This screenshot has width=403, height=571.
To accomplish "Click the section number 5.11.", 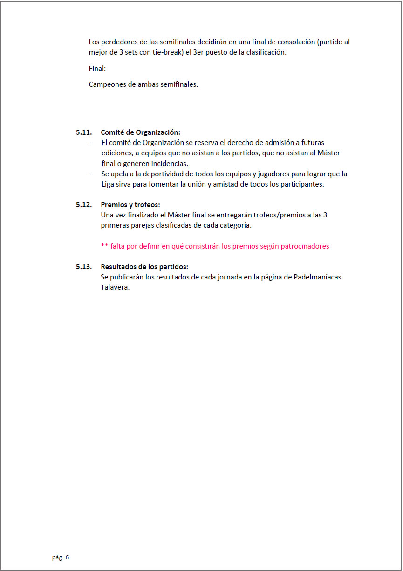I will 84,132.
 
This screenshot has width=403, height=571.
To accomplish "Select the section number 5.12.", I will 84,204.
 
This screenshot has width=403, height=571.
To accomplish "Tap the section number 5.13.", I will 84,267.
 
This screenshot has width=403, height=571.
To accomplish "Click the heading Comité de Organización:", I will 140,132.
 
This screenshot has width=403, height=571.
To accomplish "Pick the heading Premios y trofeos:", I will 130,204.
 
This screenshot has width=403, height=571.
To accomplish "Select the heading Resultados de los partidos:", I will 144,267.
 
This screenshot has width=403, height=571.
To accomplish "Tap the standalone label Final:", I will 97,69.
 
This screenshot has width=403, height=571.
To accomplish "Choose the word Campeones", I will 107,84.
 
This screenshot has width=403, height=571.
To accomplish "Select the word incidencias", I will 168,163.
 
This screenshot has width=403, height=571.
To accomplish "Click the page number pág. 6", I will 61,557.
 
